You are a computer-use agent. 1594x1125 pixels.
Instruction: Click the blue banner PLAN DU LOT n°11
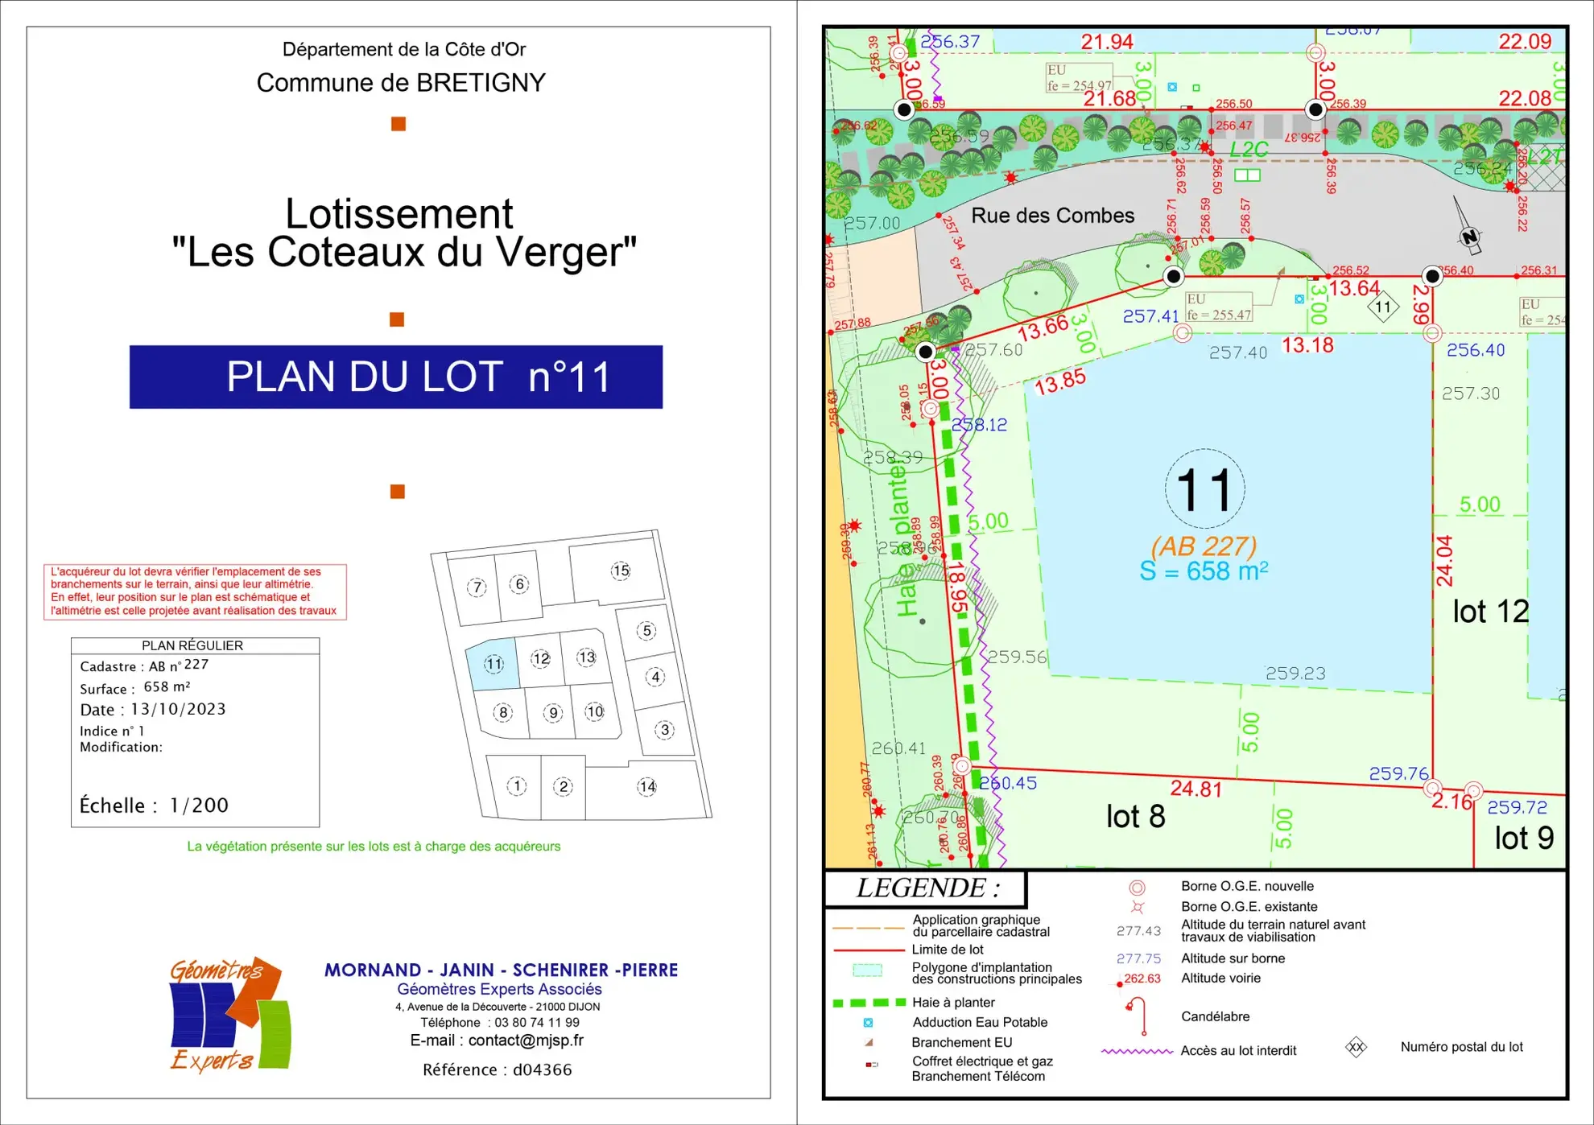pyautogui.click(x=395, y=377)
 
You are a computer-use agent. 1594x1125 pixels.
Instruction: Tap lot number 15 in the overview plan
pyautogui.click(x=620, y=571)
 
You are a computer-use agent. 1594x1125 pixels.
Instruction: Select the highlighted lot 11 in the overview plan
pyautogui.click(x=493, y=664)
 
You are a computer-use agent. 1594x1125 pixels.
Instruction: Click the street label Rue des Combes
pyautogui.click(x=1052, y=216)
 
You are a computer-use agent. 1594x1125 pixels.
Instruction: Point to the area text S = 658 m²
pyautogui.click(x=1204, y=571)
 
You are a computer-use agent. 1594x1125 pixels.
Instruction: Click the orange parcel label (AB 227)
pyautogui.click(x=1204, y=546)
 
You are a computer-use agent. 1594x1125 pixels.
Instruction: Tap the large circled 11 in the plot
pyautogui.click(x=1204, y=489)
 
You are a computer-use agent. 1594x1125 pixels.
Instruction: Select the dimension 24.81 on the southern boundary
pyautogui.click(x=1195, y=789)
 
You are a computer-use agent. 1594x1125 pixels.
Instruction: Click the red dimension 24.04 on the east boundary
pyautogui.click(x=1444, y=561)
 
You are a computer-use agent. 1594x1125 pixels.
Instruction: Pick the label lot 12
pyautogui.click(x=1489, y=612)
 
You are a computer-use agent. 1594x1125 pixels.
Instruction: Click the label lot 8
pyautogui.click(x=1135, y=817)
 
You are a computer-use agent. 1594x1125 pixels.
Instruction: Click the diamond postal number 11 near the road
pyautogui.click(x=1383, y=307)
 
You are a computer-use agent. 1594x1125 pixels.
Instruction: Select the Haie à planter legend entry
pyautogui.click(x=953, y=1002)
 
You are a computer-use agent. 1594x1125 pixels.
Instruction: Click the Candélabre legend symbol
pyautogui.click(x=1137, y=1016)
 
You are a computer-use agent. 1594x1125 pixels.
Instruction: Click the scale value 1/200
pyautogui.click(x=199, y=806)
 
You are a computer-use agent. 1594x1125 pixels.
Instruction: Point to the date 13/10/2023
pyautogui.click(x=178, y=709)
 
